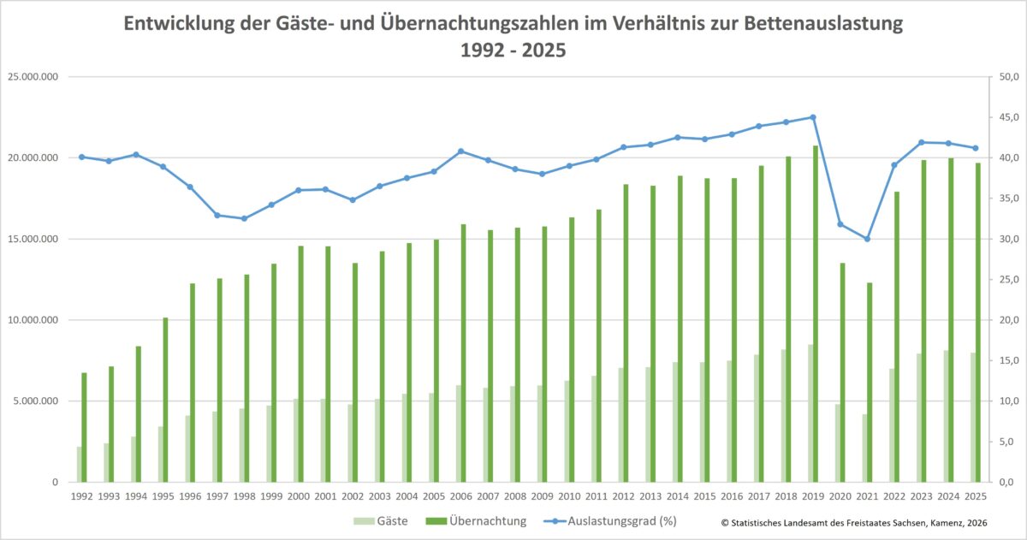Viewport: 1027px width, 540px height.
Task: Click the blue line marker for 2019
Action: pyautogui.click(x=813, y=117)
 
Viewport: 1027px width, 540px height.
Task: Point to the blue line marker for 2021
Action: pyautogui.click(x=867, y=239)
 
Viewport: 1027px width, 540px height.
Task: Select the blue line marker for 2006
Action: pyautogui.click(x=460, y=151)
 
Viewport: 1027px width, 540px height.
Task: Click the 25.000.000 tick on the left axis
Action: pyautogui.click(x=33, y=77)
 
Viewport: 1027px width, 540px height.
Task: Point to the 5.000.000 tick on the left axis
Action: pyautogui.click(x=35, y=401)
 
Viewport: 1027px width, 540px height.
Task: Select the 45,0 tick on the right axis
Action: pyautogui.click(x=1001, y=117)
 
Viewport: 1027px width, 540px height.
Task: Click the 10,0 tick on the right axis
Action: pyautogui.click(x=1001, y=401)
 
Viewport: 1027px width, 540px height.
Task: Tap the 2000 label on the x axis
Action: pyautogui.click(x=299, y=496)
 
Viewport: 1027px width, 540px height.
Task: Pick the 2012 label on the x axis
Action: pyautogui.click(x=623, y=496)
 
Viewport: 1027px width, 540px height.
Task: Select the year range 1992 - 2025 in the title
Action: pyautogui.click(x=513, y=50)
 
